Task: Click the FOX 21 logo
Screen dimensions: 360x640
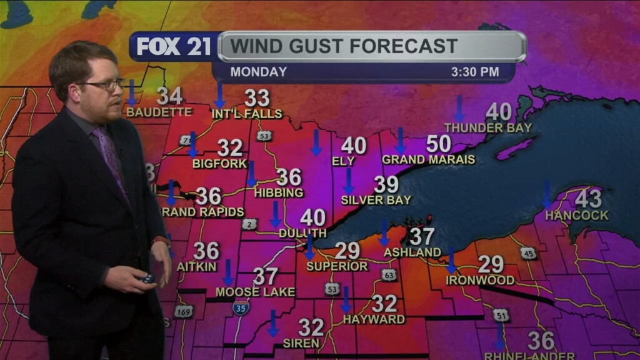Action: (174, 47)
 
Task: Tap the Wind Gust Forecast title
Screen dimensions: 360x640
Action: (342, 46)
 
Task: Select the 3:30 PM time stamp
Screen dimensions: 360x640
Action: (475, 72)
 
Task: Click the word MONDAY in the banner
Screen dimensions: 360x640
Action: (258, 72)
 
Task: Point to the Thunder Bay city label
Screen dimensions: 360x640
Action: (487, 127)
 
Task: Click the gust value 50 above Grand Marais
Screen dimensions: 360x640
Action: (438, 144)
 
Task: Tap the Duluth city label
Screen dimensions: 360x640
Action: (302, 233)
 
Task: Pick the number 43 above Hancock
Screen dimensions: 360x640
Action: (587, 199)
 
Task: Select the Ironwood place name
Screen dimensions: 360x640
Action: (480, 280)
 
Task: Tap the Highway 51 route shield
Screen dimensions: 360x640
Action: (501, 316)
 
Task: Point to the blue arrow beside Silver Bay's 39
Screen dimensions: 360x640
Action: (349, 181)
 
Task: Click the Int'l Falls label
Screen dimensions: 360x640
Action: (247, 114)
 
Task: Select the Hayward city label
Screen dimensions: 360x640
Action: (374, 319)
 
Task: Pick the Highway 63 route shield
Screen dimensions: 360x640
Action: (389, 274)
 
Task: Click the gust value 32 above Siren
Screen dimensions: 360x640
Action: (311, 327)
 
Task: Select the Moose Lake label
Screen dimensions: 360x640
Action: (246, 292)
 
